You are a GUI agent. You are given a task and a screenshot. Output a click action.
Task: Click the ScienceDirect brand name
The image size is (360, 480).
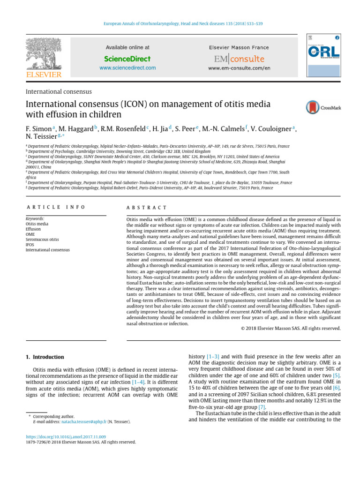pos(127,59)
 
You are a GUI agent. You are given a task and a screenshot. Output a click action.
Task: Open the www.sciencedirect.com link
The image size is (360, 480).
pos(127,68)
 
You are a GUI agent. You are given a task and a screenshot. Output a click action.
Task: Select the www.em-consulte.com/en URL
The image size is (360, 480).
pos(239,68)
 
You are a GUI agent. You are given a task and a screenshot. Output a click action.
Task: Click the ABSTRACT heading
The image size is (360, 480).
pos(147,207)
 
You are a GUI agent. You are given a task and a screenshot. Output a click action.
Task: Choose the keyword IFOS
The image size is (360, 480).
pos(30,245)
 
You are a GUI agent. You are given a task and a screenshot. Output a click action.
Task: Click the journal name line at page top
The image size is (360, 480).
pos(180,23)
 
